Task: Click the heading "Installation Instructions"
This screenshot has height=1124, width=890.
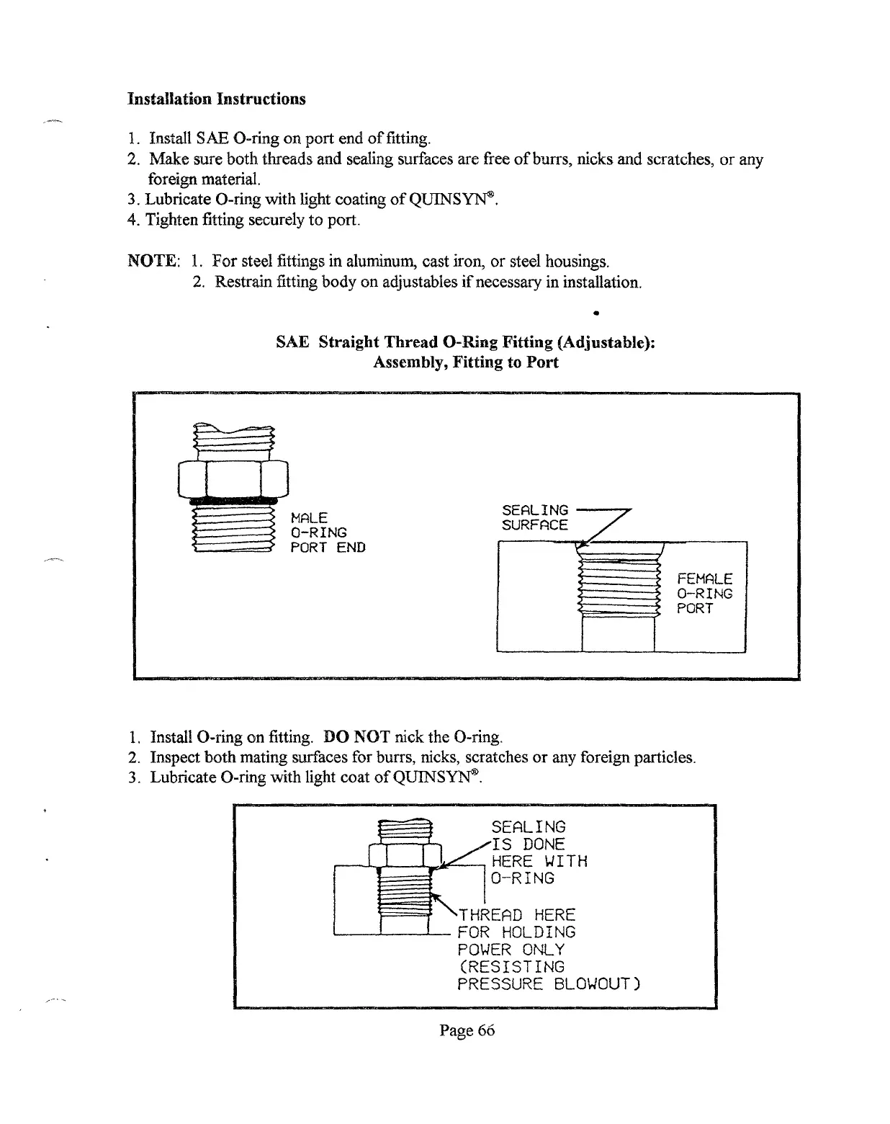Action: click(216, 99)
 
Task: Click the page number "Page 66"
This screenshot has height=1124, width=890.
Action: click(467, 1030)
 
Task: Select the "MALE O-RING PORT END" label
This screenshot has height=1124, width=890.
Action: click(327, 532)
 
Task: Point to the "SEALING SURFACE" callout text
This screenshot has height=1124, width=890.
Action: click(534, 517)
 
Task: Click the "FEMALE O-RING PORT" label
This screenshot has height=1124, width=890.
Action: click(704, 594)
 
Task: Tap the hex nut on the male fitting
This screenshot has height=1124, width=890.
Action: click(233, 476)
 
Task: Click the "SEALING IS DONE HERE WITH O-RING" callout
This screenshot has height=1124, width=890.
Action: click(538, 852)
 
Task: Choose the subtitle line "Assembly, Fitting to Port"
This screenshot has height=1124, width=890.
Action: click(465, 362)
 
